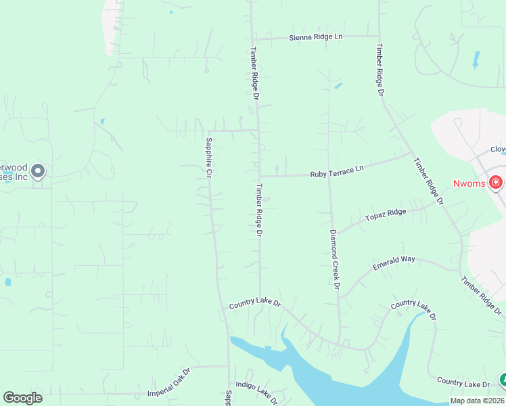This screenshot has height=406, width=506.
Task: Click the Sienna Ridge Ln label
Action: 316,37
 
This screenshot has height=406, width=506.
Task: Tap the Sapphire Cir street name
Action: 209,158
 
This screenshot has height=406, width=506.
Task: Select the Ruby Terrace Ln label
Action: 337,172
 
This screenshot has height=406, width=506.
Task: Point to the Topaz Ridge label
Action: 386,215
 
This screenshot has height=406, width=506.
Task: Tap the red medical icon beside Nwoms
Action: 496,182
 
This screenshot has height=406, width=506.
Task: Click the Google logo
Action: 23,398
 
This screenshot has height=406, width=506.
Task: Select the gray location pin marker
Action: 39,171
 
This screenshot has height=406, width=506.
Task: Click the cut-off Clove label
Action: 499,150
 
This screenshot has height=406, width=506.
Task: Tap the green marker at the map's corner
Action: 503,380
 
